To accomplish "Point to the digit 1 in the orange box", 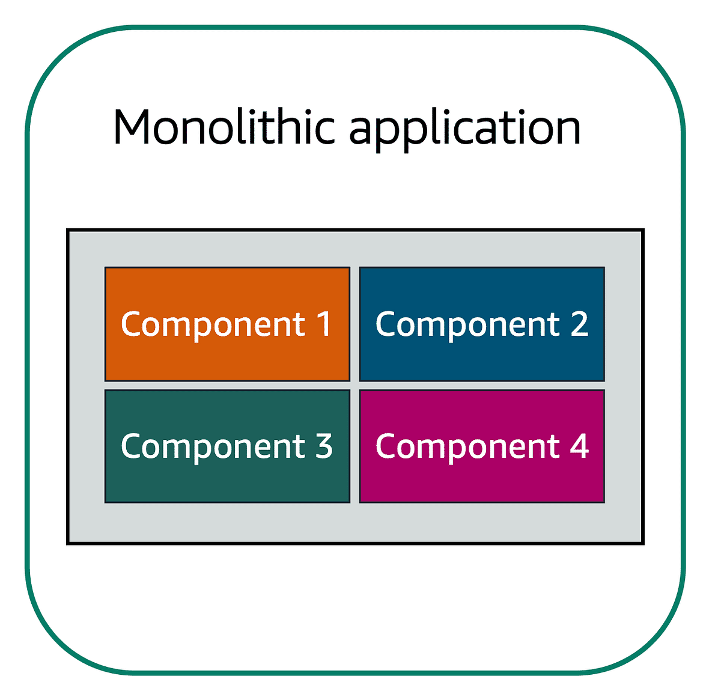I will coord(324,324).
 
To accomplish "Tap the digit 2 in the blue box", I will coord(579,324).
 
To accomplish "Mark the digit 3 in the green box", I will coord(324,446).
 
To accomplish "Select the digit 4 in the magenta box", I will coord(579,446).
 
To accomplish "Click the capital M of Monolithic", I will coord(134,127).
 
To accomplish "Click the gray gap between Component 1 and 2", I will coord(354,324).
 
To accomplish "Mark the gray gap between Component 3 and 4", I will coord(354,446).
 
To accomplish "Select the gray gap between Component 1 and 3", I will coord(227,385).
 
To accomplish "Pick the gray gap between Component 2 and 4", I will coord(482,385).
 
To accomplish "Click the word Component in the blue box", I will coord(467,325).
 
